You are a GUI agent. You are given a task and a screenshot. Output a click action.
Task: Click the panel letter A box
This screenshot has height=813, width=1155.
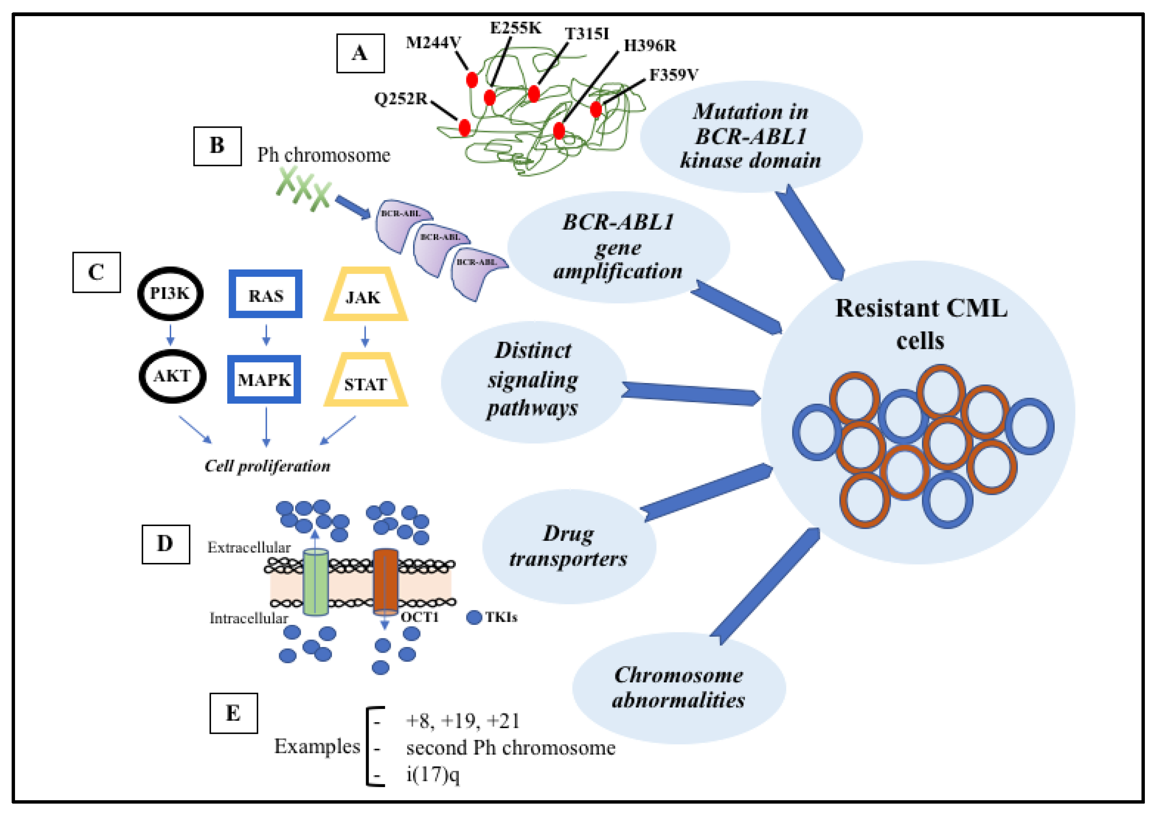360,53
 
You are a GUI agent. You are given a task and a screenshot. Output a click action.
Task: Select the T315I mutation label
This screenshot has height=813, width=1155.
587,34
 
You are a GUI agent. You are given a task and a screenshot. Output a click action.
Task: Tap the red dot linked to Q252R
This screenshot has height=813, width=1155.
464,127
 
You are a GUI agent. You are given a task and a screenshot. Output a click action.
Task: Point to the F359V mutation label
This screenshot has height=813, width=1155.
673,75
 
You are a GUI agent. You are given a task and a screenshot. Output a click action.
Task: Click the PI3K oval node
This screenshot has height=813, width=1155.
170,293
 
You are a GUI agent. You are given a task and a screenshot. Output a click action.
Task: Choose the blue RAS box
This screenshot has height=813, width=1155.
265,294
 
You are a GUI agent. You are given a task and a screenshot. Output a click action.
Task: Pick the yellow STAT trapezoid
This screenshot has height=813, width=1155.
365,381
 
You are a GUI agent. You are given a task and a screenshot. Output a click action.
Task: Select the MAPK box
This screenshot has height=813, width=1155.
264,379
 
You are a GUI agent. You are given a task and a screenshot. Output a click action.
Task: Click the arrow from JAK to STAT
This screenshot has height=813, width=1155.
365,336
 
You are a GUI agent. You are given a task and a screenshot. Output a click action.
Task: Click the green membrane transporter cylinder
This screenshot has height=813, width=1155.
315,582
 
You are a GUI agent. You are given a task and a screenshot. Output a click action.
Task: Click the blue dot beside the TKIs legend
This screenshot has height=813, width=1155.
474,617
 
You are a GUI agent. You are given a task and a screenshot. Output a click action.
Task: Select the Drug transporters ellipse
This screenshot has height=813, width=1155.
569,546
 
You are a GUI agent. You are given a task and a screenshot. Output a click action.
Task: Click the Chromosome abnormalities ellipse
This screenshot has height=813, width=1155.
679,687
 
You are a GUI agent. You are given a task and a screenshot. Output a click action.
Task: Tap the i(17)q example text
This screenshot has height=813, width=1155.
433,775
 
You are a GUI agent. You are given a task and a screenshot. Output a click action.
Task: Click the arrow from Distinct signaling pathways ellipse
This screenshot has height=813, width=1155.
690,394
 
